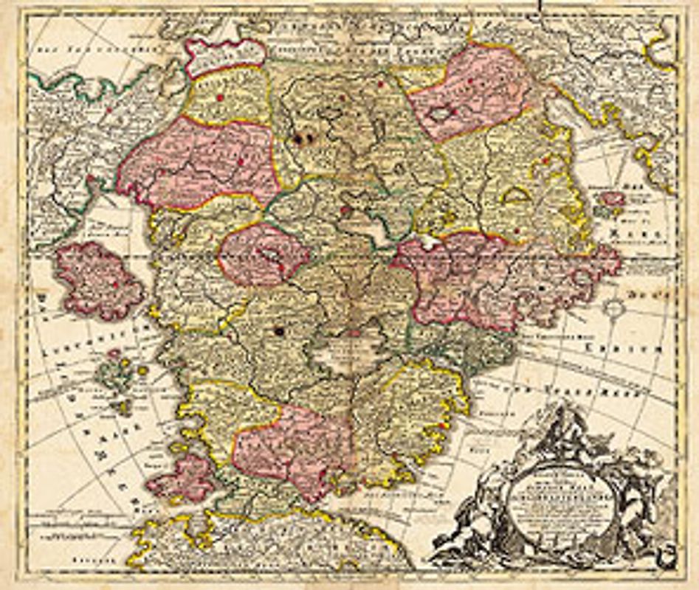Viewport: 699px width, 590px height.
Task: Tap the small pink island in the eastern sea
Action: point(612,198)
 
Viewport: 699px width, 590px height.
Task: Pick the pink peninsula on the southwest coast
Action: point(182,478)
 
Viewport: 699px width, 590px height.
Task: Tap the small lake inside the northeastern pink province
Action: point(441,114)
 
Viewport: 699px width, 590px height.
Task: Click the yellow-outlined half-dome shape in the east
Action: point(516,195)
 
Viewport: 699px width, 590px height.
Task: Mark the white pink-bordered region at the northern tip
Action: point(224,56)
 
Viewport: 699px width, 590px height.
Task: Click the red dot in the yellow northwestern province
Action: point(219,97)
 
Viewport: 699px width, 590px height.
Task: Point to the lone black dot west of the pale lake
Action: point(280,331)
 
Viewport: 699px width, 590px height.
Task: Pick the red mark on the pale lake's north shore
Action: point(353,333)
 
